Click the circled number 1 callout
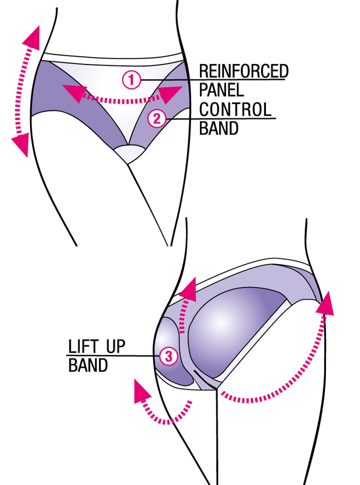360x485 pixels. click(131, 80)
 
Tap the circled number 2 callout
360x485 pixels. click(157, 118)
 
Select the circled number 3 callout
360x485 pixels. click(169, 356)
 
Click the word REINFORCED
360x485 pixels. click(244, 71)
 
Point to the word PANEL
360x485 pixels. click(221, 90)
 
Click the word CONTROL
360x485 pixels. click(235, 109)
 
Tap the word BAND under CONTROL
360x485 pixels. click(218, 128)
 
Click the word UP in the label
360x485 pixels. click(116, 346)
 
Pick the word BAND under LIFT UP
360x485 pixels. click(88, 365)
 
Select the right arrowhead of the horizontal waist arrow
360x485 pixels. click(169, 95)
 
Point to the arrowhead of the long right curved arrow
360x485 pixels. click(325, 304)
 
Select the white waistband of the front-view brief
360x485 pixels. click(113, 59)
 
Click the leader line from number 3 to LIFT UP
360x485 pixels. click(114, 356)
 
